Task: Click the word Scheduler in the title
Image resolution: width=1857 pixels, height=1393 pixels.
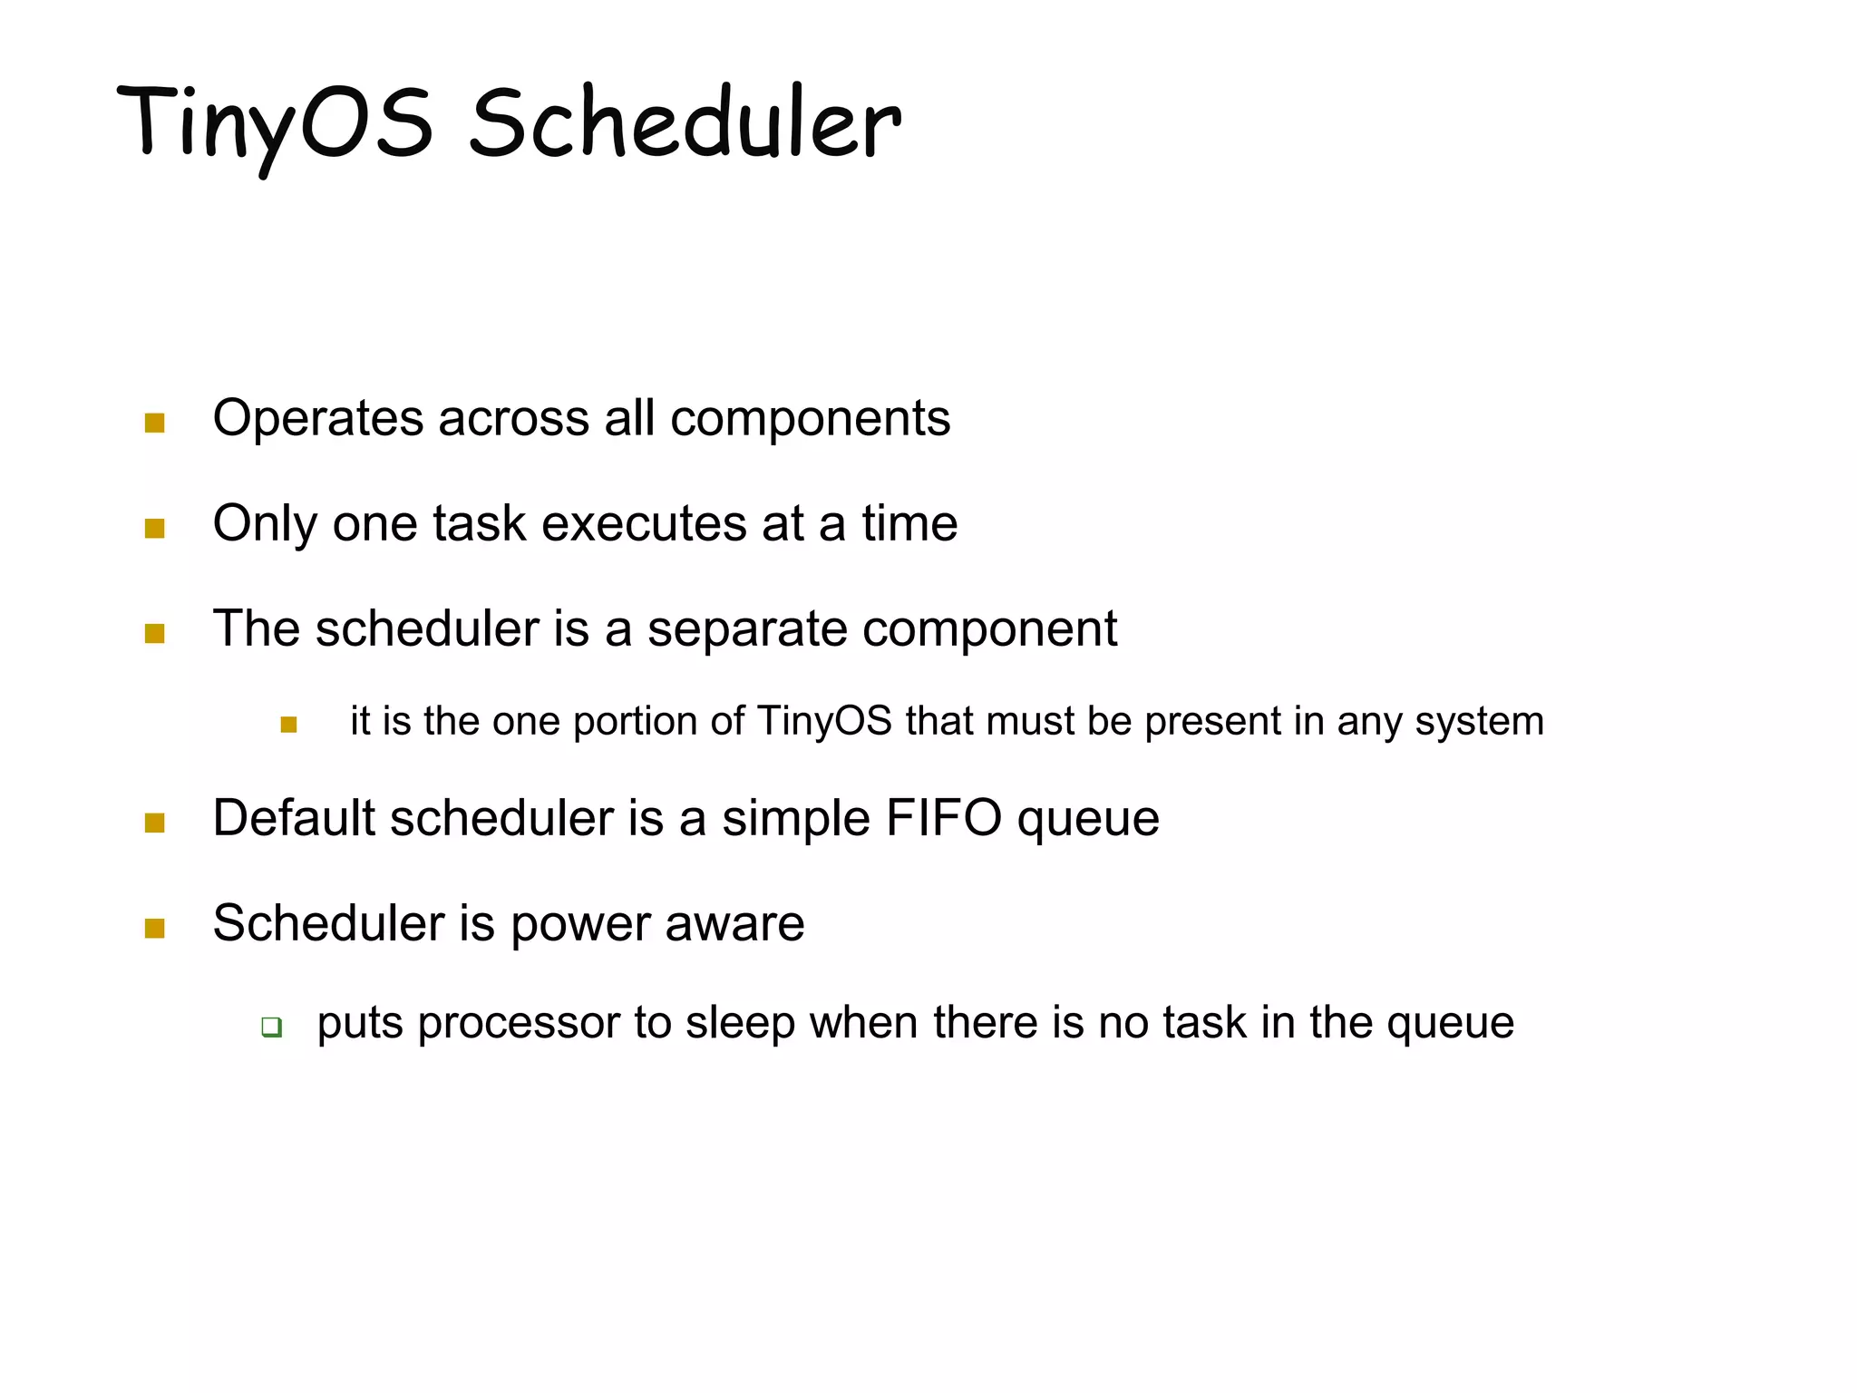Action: click(685, 122)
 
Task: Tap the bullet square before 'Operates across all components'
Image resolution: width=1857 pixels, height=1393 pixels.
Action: click(154, 424)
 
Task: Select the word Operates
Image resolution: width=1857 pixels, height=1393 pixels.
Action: click(318, 419)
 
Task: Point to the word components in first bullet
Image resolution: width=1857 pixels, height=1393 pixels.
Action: click(810, 419)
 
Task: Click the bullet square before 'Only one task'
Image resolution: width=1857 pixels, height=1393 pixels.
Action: click(154, 529)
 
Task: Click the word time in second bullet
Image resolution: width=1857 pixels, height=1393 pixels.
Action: click(909, 524)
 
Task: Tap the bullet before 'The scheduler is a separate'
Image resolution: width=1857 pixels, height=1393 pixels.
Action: click(154, 634)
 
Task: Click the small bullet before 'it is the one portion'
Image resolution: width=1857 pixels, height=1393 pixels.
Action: click(288, 725)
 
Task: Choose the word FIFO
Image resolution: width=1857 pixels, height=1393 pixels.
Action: click(943, 818)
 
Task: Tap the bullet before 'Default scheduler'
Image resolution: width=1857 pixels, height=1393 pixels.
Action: click(154, 823)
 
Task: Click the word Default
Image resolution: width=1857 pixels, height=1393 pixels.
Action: click(294, 818)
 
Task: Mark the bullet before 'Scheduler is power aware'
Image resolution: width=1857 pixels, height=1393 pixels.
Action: click(154, 929)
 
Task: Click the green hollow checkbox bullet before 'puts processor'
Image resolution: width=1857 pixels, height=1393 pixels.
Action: click(271, 1028)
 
